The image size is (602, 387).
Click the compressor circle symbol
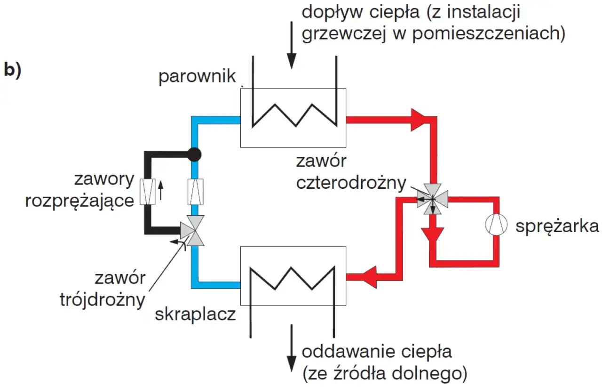(x=497, y=226)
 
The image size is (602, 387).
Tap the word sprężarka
(x=557, y=226)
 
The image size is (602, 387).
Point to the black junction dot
(x=194, y=153)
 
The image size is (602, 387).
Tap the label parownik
(x=197, y=77)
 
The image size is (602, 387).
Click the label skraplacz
(x=196, y=314)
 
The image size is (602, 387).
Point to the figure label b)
(x=12, y=69)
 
